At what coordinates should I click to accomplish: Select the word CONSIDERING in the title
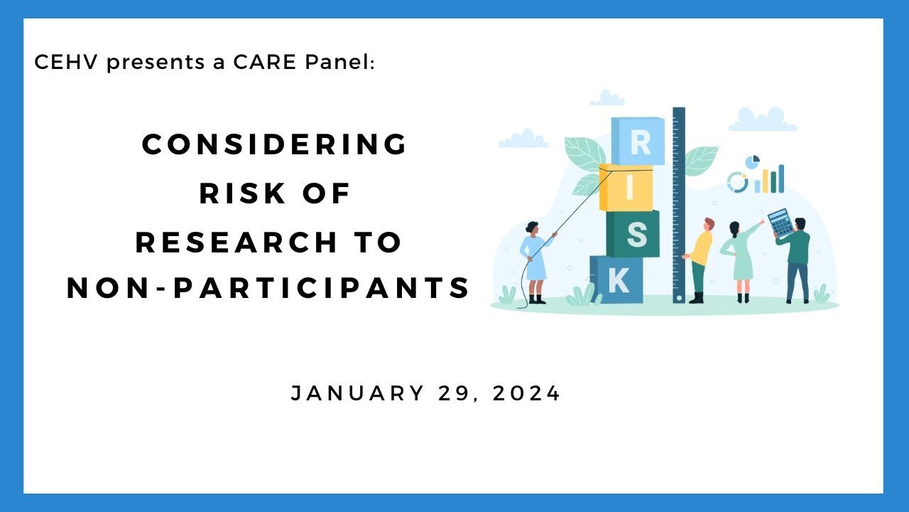pos(275,144)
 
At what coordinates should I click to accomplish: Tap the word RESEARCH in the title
pos(238,242)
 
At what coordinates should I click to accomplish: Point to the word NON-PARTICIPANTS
pos(269,288)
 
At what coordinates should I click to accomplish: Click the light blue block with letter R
pos(638,142)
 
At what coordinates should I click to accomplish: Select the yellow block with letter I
pos(626,188)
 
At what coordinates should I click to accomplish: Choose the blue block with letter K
pos(616,280)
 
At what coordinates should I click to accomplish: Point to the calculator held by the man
pos(780,223)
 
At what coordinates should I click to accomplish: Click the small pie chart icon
pos(753,162)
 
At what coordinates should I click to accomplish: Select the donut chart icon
pos(738,182)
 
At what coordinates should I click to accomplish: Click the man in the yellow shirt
pos(700,260)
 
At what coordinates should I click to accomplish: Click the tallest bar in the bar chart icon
pos(781,178)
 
